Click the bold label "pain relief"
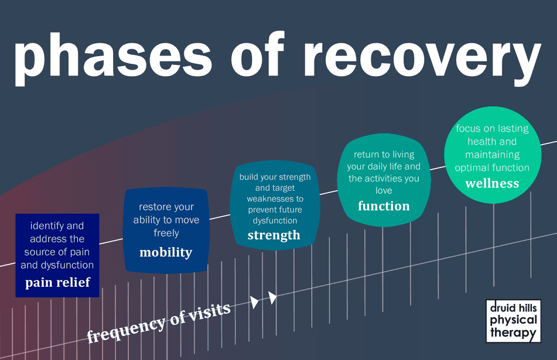click(57, 283)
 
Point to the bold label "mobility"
click(166, 252)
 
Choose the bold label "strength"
click(274, 235)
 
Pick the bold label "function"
click(384, 205)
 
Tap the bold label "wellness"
click(492, 183)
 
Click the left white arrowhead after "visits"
click(254, 302)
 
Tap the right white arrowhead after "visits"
click(272, 297)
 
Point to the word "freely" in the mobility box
click(166, 233)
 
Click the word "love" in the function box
click(384, 190)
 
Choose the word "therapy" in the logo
click(513, 333)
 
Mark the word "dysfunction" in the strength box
click(275, 221)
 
